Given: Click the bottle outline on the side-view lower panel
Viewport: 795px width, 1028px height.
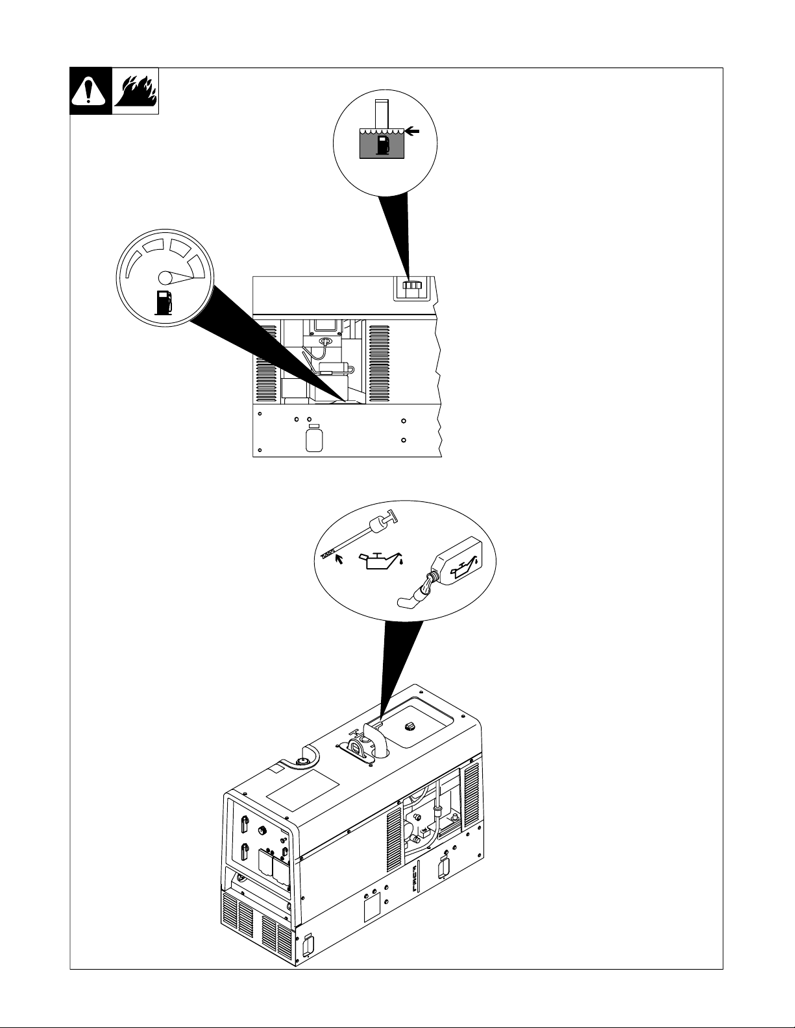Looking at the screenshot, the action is click(x=314, y=438).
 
